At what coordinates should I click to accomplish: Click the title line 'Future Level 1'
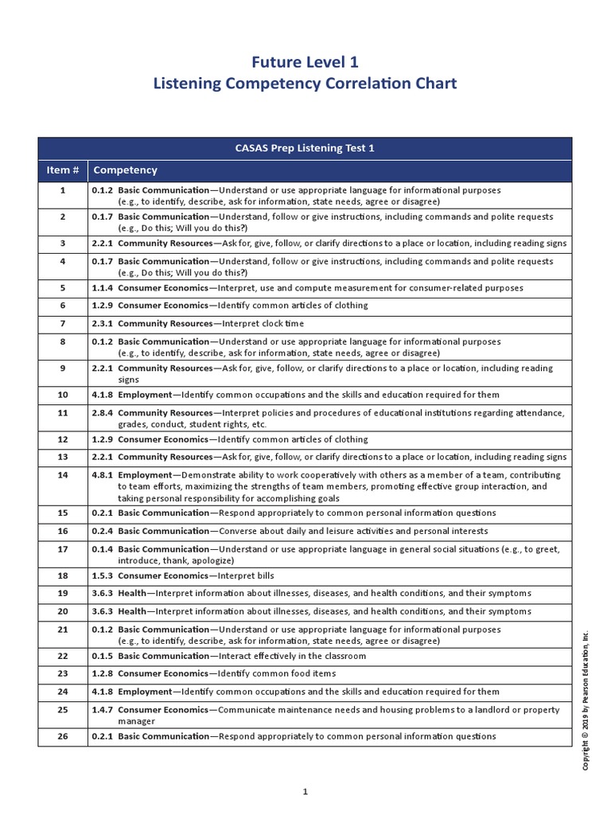[x=305, y=61]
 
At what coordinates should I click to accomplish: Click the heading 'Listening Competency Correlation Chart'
[x=305, y=83]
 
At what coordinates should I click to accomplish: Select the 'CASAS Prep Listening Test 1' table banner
[x=305, y=148]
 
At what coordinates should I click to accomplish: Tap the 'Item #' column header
[x=64, y=170]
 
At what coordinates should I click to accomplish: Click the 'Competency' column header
[x=126, y=170]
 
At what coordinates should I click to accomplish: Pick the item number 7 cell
[x=64, y=324]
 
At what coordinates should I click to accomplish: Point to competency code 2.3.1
[x=103, y=324]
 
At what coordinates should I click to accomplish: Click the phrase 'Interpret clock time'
[x=263, y=324]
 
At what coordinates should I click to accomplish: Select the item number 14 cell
[x=64, y=474]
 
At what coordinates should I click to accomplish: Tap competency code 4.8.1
[x=103, y=474]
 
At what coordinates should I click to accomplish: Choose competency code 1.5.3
[x=103, y=575]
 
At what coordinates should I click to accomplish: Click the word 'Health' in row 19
[x=132, y=594]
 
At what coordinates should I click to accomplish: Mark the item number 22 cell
[x=64, y=657]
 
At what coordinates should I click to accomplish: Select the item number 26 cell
[x=64, y=737]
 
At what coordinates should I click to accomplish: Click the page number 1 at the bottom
[x=305, y=791]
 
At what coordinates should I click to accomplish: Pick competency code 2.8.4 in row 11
[x=103, y=413]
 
